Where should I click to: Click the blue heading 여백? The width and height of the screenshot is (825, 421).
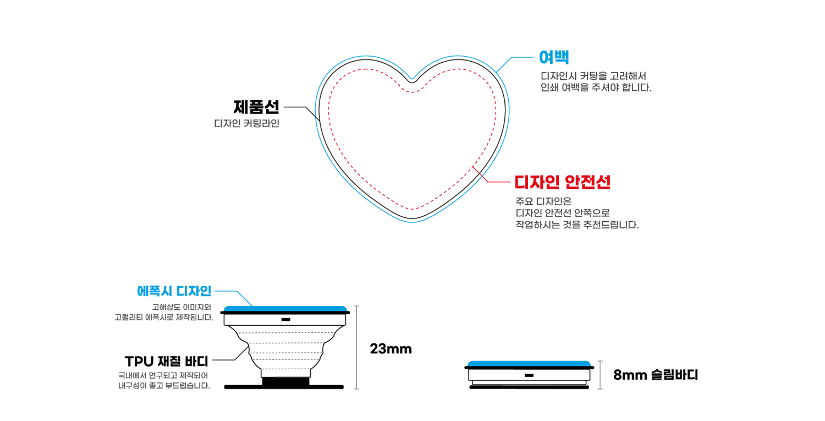point(553,57)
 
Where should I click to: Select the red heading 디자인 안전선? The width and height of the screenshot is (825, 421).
point(562,182)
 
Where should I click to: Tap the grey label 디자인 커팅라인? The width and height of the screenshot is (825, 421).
point(246,124)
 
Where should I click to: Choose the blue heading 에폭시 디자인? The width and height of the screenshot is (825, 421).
point(174,291)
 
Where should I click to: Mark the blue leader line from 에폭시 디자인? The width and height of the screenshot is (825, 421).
point(234,292)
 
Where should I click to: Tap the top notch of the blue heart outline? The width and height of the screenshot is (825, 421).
point(412,79)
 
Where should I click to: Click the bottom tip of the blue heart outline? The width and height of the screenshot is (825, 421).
point(412,222)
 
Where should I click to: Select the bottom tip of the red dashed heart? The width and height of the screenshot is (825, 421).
point(412,209)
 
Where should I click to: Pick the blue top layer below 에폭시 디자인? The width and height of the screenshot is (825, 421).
point(285,308)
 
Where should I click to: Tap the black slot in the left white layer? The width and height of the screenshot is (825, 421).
point(285,320)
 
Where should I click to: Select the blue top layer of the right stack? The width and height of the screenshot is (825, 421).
point(529,363)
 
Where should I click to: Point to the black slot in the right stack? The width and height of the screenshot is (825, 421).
point(529,375)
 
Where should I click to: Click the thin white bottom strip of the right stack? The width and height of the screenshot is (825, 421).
point(529,382)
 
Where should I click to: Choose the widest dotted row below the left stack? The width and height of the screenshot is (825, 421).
point(285,333)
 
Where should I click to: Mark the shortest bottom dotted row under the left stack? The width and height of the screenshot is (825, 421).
point(285,369)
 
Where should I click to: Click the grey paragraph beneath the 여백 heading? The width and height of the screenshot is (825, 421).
point(596,81)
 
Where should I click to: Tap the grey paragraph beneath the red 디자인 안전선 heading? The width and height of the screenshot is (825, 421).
point(576,213)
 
